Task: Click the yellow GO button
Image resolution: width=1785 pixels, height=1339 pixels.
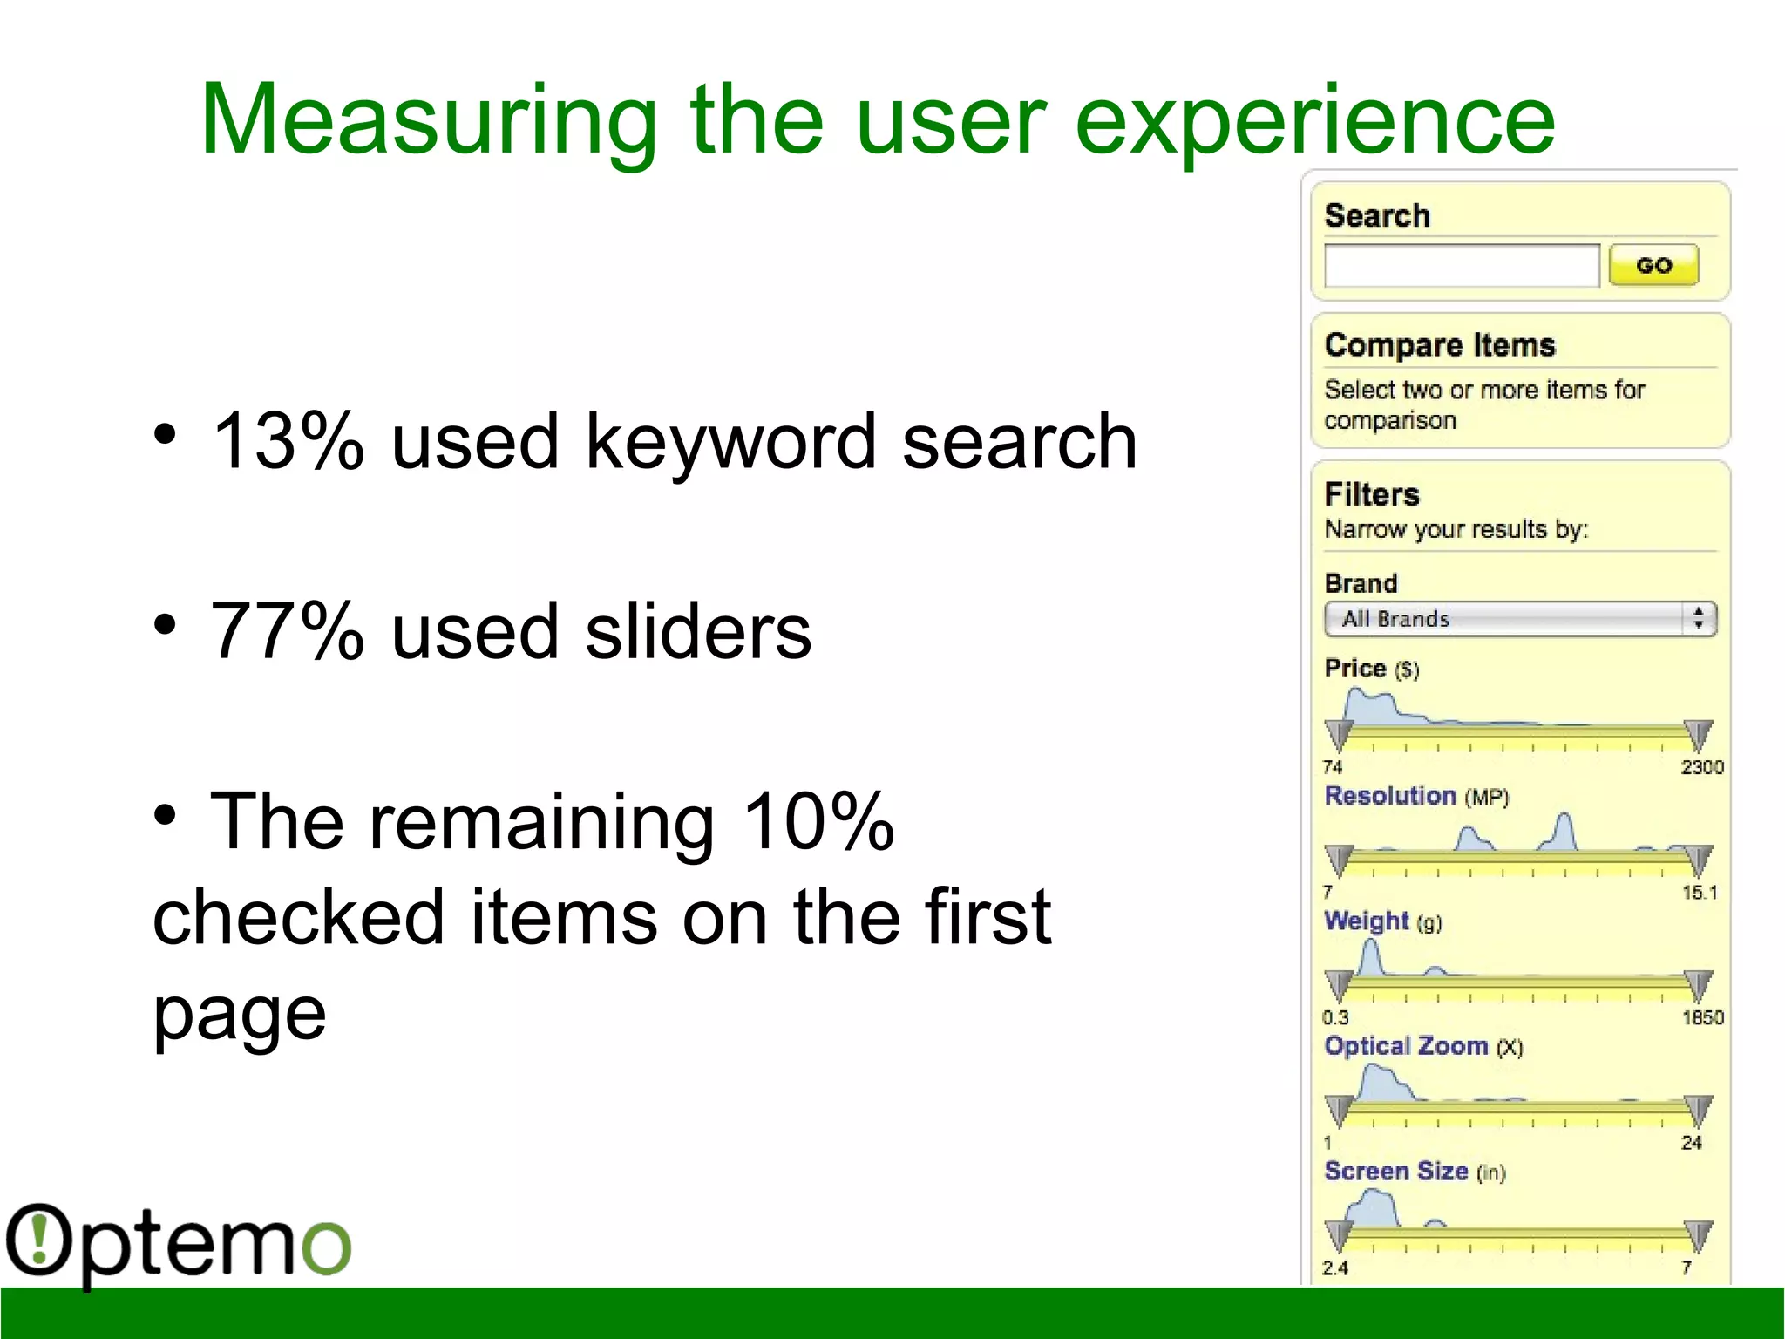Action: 1653,265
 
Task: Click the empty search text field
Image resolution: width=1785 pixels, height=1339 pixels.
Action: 1461,265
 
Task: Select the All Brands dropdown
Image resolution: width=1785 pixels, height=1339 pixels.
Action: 1519,619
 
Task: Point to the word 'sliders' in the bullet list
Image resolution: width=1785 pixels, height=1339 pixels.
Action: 697,631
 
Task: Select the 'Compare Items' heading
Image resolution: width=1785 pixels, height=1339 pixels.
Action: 1439,345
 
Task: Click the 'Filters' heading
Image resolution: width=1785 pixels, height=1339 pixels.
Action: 1372,494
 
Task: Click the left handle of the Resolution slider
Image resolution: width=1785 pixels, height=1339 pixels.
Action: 1339,860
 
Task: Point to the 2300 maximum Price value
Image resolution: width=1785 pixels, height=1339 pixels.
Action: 1701,767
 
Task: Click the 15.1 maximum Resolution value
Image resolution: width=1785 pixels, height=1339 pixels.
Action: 1699,893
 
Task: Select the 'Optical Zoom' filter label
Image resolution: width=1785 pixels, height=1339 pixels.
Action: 1406,1046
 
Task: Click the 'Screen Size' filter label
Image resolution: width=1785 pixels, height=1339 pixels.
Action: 1396,1171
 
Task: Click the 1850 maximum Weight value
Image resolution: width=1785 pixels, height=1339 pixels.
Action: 1702,1017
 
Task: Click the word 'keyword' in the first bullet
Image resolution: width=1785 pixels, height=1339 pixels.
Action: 729,442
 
